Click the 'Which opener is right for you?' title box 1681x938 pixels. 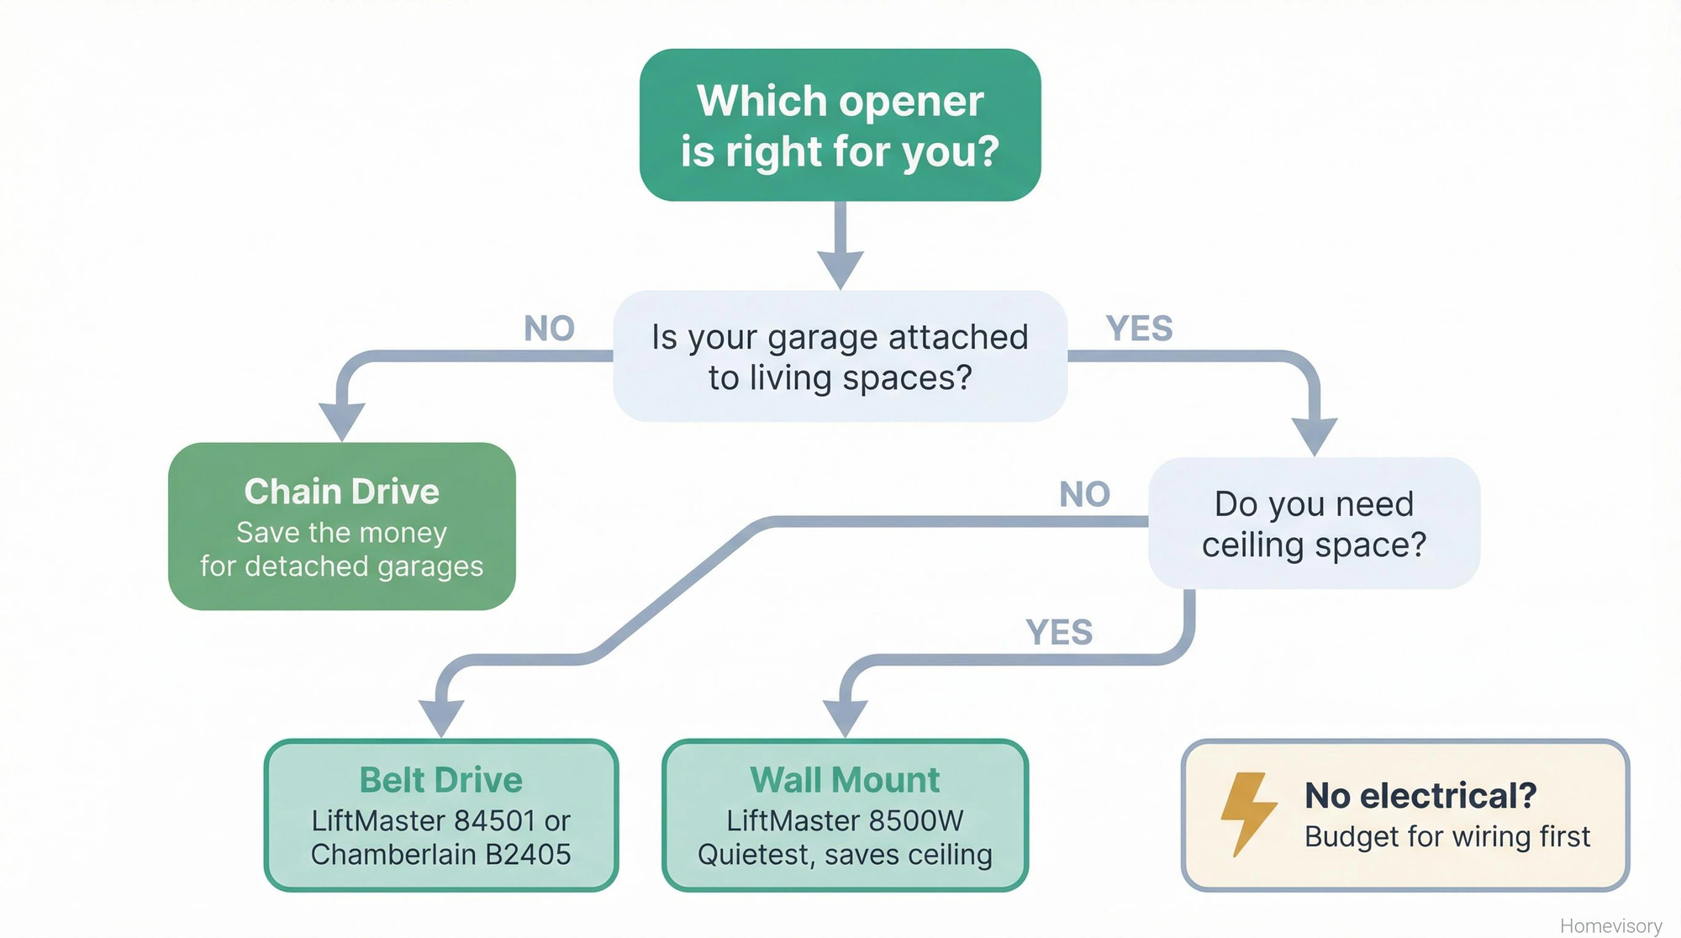840,125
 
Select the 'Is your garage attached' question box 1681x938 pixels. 840,356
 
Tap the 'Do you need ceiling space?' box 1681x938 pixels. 1314,524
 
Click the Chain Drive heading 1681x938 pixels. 341,492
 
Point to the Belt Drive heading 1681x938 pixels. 440,780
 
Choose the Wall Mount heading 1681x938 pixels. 845,780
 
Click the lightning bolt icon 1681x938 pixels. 1248,813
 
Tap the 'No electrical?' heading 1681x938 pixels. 1420,795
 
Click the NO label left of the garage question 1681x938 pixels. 549,329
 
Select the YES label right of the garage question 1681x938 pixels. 1139,329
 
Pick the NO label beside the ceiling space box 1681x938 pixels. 1084,494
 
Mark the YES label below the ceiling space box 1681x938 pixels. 1059,633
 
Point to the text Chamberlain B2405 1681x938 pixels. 440,855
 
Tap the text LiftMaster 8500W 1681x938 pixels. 845,820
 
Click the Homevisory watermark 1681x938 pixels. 1610,925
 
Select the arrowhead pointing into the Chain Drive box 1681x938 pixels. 342,421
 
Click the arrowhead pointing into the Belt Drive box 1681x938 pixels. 441,719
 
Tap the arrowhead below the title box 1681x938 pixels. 840,269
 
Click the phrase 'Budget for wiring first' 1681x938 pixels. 1447,837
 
